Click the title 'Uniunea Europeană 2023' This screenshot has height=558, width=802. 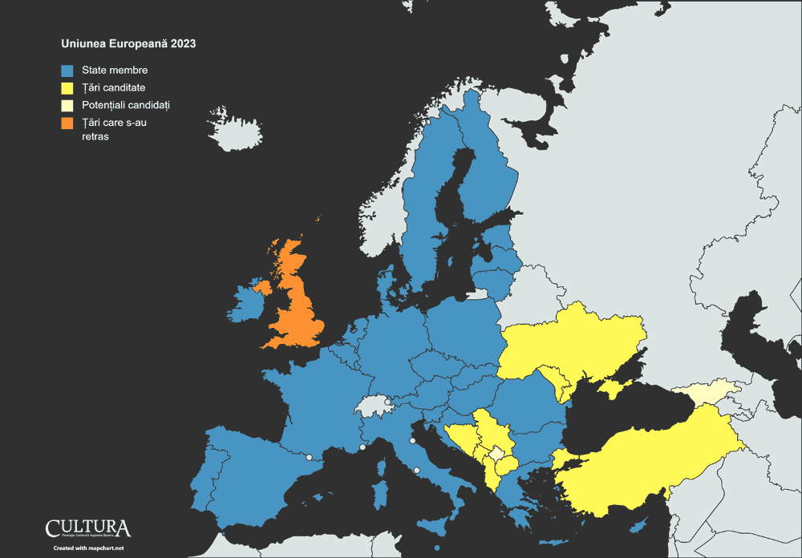[128, 43]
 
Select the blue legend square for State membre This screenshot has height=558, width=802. [67, 71]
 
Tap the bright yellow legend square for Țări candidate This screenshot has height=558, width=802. [67, 87]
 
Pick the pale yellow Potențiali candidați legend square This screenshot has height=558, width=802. [67, 105]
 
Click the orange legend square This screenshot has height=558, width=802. [67, 123]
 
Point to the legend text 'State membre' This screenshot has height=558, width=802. [115, 71]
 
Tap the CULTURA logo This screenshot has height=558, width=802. [88, 528]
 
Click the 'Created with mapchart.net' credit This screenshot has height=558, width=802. [88, 548]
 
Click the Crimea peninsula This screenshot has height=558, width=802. [616, 388]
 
